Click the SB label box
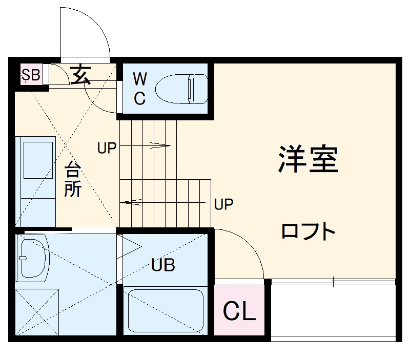point(30,75)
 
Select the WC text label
point(139,88)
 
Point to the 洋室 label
point(308,159)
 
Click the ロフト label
point(308,232)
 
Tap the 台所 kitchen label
point(72,180)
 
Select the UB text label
point(163,265)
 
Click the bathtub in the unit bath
point(165,310)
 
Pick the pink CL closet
point(240,311)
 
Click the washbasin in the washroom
point(32,258)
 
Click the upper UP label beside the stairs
point(107,148)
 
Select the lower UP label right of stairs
point(223,205)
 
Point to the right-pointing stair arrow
point(149,145)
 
